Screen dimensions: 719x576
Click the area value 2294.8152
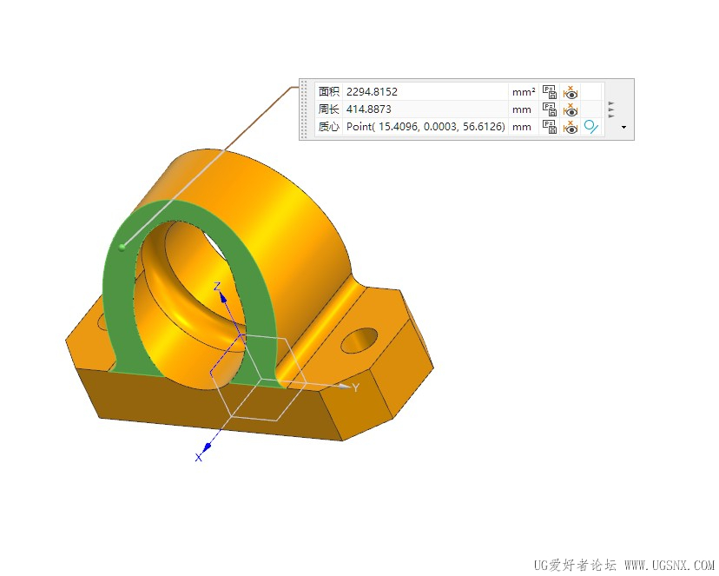372,92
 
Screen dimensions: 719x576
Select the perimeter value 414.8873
369,109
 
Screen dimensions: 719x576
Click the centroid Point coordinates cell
425,127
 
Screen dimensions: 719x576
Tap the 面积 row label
329,92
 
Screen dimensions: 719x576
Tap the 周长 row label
329,109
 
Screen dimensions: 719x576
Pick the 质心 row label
329,127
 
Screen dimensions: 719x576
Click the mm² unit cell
524,92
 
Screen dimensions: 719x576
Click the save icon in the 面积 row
550,92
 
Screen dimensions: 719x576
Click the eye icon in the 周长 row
571,110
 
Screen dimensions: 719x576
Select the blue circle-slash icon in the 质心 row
591,127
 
